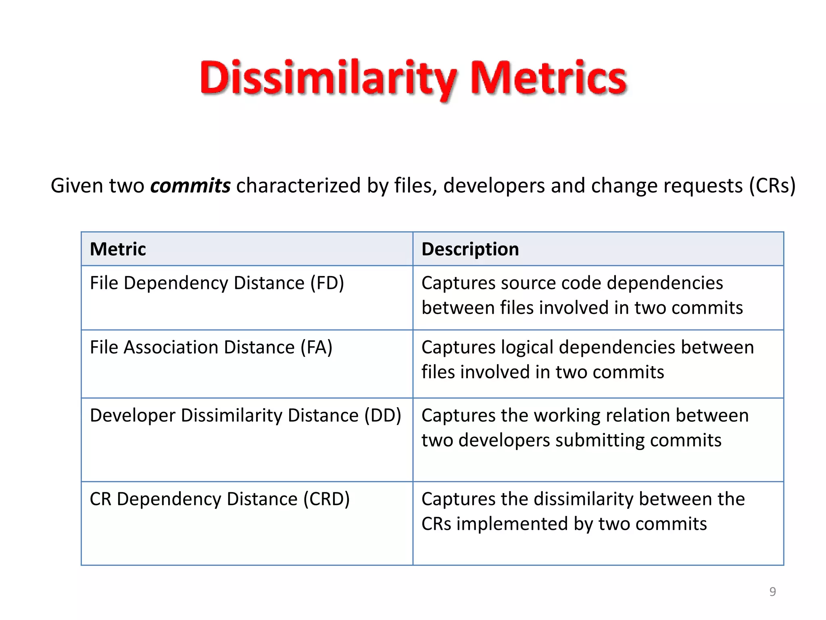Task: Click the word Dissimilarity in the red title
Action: click(x=328, y=78)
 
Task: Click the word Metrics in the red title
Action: click(x=549, y=78)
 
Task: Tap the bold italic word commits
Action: click(x=190, y=186)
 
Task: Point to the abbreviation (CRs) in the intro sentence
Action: click(x=772, y=186)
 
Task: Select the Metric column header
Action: click(x=118, y=249)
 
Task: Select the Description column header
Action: click(x=470, y=249)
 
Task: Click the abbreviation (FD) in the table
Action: click(x=327, y=283)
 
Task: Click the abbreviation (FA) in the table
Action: click(x=317, y=347)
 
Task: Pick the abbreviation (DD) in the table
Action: click(x=383, y=415)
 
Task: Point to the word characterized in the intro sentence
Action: click(x=298, y=186)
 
